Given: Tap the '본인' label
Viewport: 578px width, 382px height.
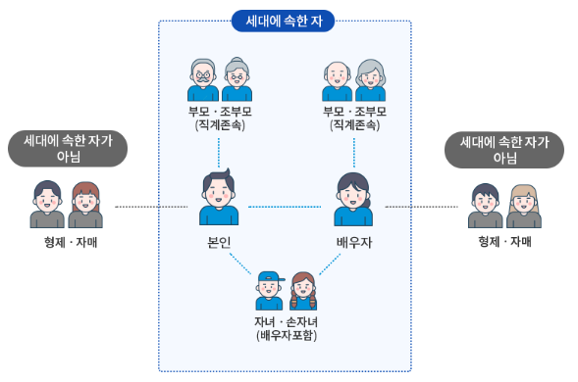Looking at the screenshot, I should coord(218,242).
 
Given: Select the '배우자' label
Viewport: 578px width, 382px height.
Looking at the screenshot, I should coord(353,242).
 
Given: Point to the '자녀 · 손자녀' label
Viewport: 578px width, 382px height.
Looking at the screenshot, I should coord(286,321).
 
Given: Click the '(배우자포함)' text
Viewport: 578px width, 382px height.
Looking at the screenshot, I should coord(286,336).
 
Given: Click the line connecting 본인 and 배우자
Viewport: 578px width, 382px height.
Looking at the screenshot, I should coord(286,207).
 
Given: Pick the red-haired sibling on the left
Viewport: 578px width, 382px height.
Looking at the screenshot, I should coord(85,205).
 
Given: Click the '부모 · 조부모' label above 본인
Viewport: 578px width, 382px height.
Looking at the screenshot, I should coord(219,111).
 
